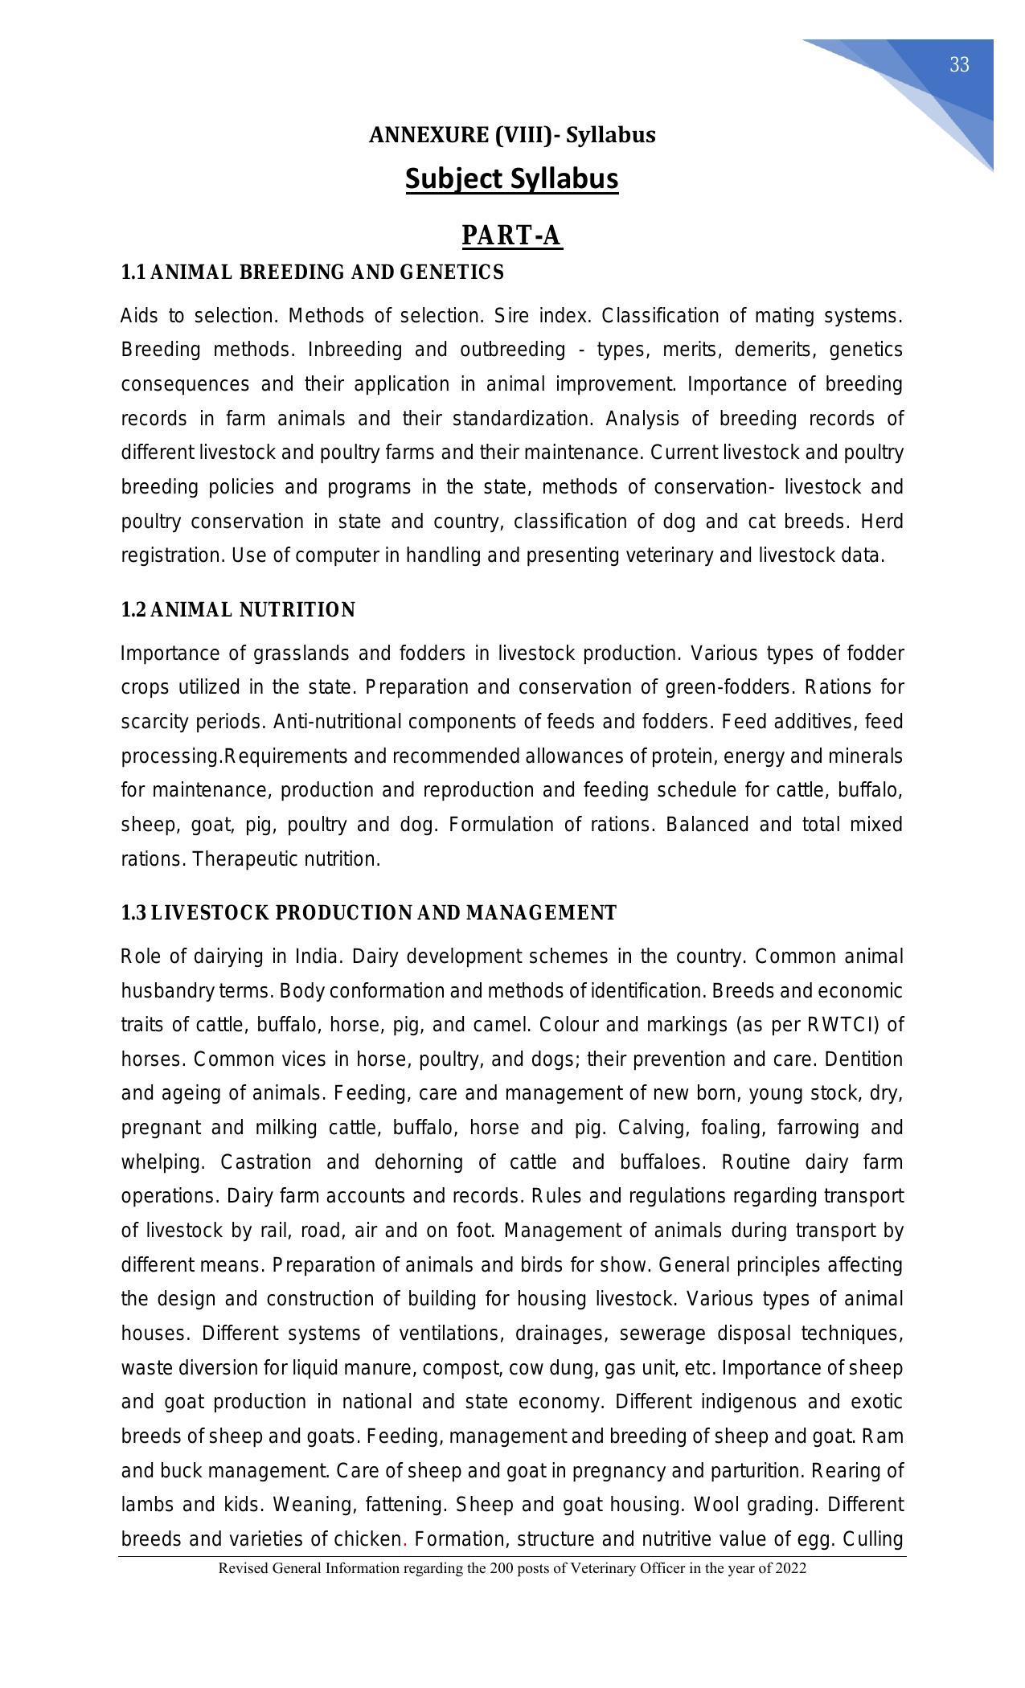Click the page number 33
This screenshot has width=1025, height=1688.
pos(959,66)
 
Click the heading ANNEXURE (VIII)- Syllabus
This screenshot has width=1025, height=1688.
pos(512,135)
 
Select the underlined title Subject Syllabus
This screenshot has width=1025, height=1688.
pos(512,178)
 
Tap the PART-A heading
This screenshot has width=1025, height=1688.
pos(512,236)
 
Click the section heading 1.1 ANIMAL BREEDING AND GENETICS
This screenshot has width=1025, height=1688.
pos(312,272)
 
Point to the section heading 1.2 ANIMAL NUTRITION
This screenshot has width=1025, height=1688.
pos(238,610)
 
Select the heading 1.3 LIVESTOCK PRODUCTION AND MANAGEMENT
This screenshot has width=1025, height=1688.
pos(368,913)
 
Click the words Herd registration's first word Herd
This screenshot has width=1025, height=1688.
pos(882,522)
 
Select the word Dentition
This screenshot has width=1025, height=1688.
pos(863,1059)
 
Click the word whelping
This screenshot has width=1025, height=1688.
pos(164,1162)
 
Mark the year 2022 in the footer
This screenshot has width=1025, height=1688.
pos(791,1568)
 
